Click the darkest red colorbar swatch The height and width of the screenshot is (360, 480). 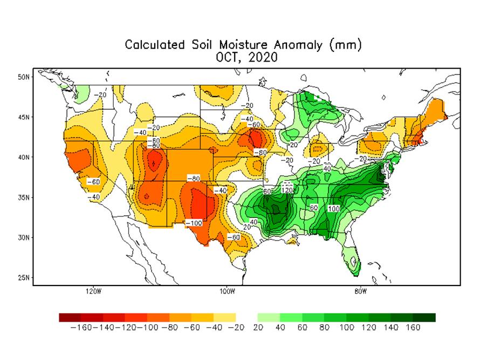pos(70,317)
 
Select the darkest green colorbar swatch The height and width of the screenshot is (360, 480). pos(424,317)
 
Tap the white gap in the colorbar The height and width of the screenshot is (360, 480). pos(247,317)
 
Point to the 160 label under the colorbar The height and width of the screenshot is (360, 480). pos(413,328)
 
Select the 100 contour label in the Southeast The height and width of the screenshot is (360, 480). pos(333,208)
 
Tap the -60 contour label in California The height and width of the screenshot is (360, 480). pos(93,182)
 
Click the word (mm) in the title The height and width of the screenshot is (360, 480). pos(344,45)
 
